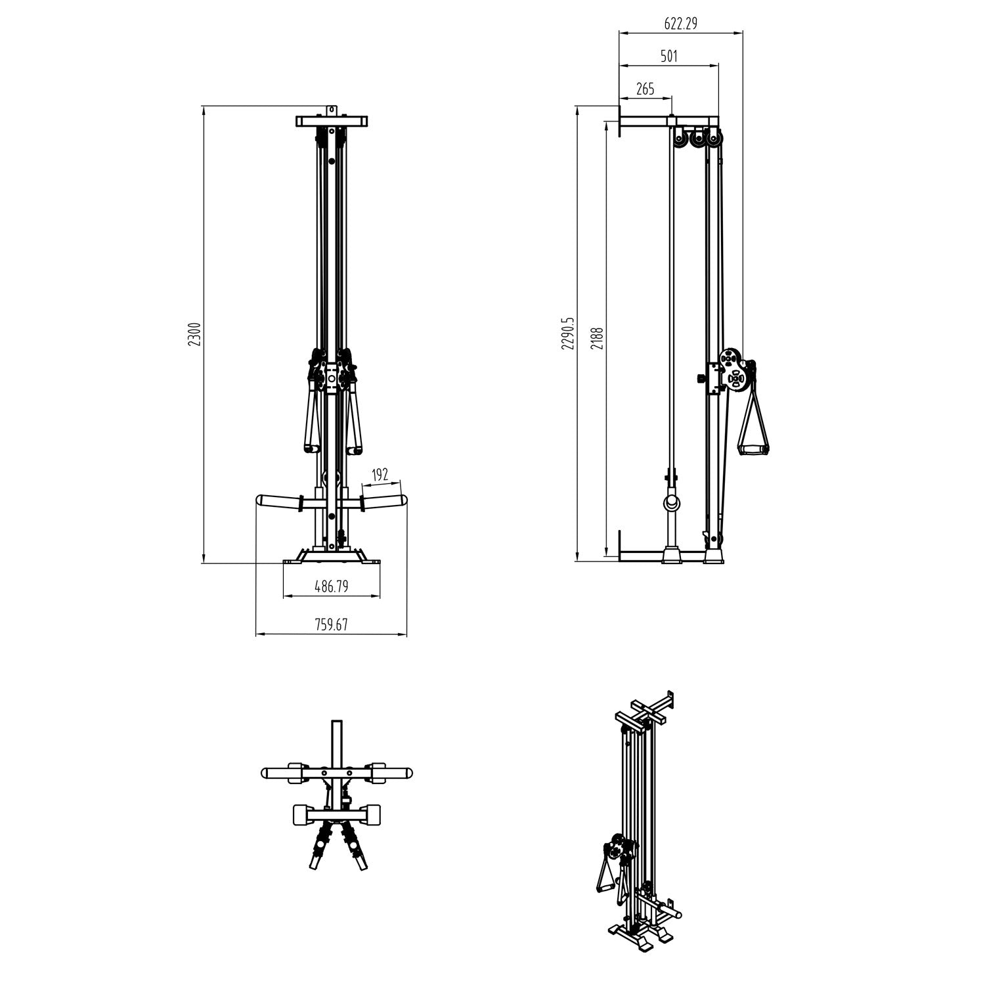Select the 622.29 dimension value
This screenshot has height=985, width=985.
tap(680, 24)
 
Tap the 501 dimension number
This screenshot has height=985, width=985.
tap(668, 56)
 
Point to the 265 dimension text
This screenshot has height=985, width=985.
tap(646, 89)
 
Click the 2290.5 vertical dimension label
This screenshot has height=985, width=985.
tap(568, 334)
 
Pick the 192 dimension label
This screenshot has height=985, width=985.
tap(380, 475)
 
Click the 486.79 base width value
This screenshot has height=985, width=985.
tap(331, 587)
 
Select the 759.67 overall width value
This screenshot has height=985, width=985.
tap(331, 625)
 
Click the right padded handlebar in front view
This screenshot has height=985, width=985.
tap(385, 502)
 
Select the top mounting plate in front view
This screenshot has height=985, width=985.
tap(331, 121)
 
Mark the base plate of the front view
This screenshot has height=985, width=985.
tap(331, 561)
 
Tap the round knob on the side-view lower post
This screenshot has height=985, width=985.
tap(672, 504)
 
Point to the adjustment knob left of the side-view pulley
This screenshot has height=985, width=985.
tap(701, 378)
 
